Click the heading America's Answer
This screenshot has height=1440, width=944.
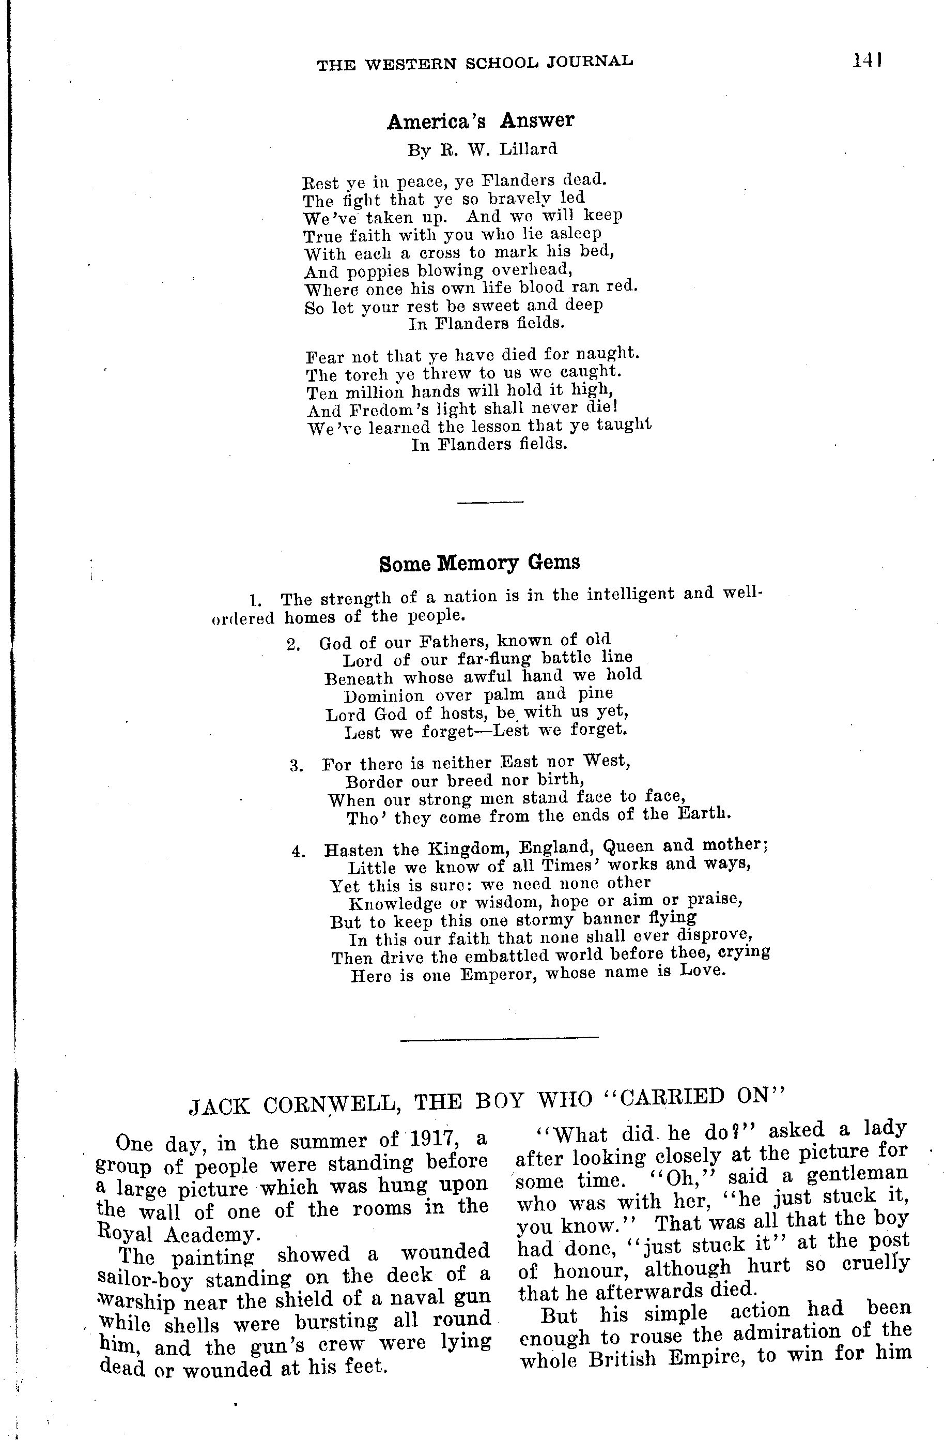click(x=480, y=121)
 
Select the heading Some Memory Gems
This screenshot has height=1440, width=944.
click(x=479, y=563)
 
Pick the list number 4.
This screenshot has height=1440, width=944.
click(x=298, y=851)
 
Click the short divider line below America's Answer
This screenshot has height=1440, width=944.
click(x=490, y=502)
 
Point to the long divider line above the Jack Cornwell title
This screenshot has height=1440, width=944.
click(x=499, y=1038)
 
